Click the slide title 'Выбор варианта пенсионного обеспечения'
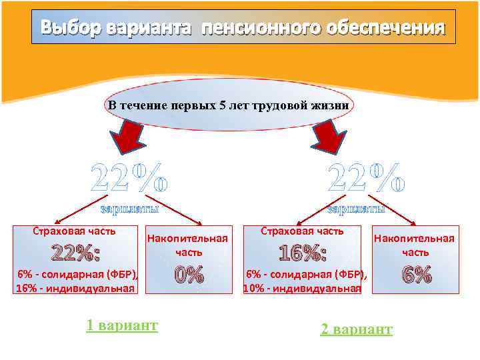[x=243, y=27]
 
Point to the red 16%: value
[x=302, y=253]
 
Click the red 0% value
[x=188, y=275]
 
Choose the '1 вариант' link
[x=122, y=325]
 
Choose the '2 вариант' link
[x=357, y=329]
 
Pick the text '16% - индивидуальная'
[x=75, y=289]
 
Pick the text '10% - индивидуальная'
[x=302, y=289]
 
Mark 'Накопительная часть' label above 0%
[x=187, y=245]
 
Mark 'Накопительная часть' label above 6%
[x=414, y=245]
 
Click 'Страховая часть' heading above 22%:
[x=74, y=231]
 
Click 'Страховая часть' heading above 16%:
[x=302, y=231]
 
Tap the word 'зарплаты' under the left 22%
[x=129, y=210]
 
